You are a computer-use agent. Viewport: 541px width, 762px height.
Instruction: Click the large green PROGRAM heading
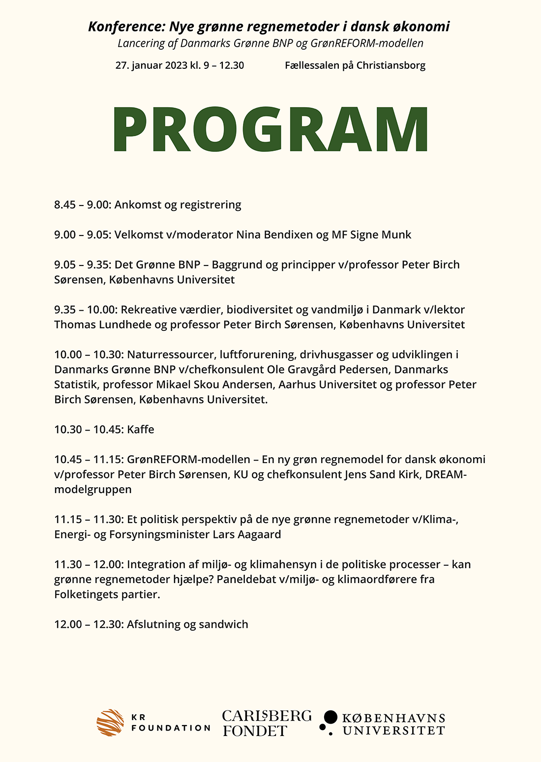tap(270, 129)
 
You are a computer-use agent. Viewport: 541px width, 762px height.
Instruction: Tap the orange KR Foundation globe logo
tap(110, 722)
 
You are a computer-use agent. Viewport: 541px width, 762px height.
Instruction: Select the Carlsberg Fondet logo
tap(267, 723)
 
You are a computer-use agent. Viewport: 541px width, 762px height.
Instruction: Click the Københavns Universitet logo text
tap(393, 724)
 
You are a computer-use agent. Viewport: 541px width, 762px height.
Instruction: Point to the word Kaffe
tap(141, 429)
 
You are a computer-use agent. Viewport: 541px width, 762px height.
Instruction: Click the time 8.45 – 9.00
tap(81, 205)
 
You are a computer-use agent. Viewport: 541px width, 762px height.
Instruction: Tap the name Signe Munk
tap(381, 234)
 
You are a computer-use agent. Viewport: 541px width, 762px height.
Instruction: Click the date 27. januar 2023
tap(151, 65)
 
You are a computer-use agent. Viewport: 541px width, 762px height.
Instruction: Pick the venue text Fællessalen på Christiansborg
tap(355, 65)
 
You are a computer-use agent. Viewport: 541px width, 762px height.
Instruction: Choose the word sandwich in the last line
tap(223, 624)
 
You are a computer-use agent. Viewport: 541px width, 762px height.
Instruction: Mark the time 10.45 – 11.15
tap(88, 459)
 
